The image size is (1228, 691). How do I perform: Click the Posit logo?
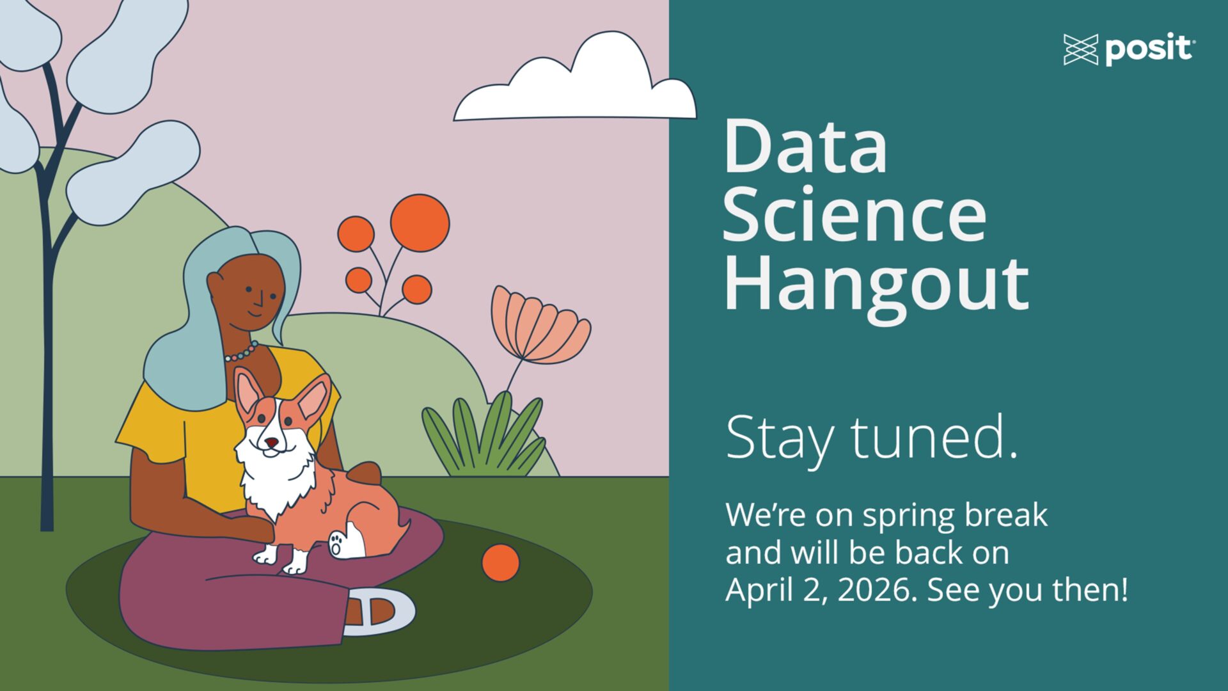pos(1129,49)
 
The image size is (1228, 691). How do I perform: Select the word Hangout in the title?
pos(876,285)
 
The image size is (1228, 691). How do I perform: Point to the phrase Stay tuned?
pos(872,439)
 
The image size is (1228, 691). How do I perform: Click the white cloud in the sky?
pos(575,80)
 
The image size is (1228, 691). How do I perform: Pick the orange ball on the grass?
pos(500,563)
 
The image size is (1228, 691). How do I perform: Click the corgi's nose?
pos(272,442)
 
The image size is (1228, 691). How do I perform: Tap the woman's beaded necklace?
pos(241,351)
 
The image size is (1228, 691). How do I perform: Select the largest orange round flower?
pos(420,223)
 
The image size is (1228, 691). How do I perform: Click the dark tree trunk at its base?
pos(47,512)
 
